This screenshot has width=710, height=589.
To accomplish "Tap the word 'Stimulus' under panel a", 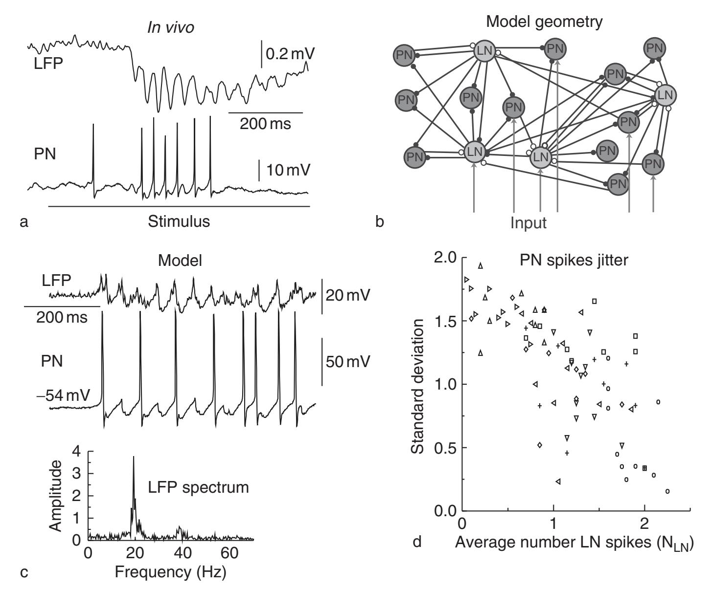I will (x=179, y=222).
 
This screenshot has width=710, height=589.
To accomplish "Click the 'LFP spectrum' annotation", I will (x=199, y=487).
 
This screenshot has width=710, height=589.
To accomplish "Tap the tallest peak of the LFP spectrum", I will (x=133, y=458).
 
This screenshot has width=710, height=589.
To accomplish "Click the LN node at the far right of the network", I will (x=666, y=94).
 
